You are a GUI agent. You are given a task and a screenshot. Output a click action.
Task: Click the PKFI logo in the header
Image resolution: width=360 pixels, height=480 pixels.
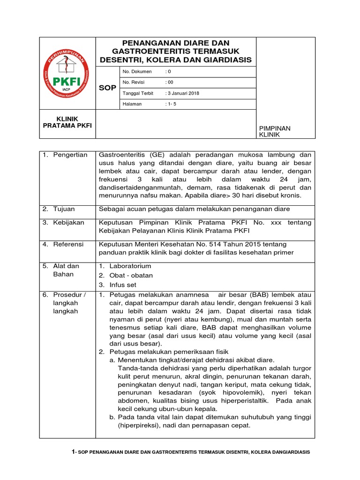(x=67, y=74)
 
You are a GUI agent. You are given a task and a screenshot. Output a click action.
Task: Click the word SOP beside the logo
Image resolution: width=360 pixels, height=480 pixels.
(x=107, y=88)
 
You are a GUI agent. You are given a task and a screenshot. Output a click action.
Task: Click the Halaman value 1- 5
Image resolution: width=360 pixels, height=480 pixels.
(x=172, y=104)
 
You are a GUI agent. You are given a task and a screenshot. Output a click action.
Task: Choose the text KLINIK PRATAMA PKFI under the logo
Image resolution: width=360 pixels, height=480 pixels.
(x=67, y=122)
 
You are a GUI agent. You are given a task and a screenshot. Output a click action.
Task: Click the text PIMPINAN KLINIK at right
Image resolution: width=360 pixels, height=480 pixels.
(x=275, y=131)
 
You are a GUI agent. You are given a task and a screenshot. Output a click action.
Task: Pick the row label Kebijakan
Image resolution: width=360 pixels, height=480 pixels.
(x=69, y=223)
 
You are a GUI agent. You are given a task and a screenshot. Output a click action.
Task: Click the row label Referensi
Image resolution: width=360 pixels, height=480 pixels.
(x=68, y=244)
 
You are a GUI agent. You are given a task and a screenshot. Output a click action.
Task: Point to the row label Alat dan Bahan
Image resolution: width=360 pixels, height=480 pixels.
(x=66, y=270)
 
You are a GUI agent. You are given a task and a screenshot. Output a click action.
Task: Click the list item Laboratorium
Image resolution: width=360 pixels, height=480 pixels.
(x=130, y=266)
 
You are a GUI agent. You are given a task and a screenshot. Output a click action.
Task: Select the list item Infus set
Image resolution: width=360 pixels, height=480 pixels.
(x=124, y=285)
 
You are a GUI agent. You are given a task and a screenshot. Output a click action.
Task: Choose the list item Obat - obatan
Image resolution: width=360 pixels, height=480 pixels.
(x=131, y=275)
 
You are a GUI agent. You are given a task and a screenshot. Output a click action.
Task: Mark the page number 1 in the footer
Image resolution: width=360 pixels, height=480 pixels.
(x=73, y=451)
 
